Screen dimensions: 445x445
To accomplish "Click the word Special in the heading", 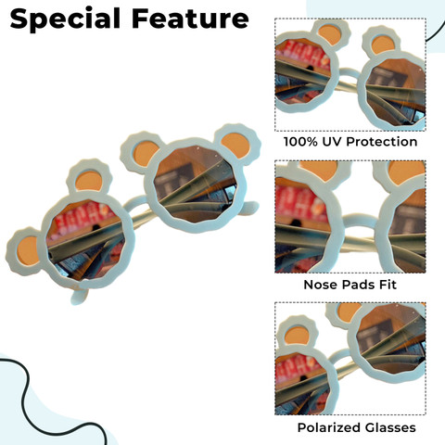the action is tap(65, 19).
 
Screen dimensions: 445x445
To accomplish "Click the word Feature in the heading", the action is tap(190, 19).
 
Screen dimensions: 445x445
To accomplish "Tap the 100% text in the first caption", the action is tap(300, 142).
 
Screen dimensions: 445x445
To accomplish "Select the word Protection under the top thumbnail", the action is tap(382, 142).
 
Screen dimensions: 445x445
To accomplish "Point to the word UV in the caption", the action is tap(332, 142).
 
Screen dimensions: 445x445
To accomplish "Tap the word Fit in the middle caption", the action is tap(388, 285).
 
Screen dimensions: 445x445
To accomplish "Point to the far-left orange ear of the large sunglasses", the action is tap(28, 251).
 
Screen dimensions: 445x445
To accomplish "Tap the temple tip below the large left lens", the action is tap(78, 296).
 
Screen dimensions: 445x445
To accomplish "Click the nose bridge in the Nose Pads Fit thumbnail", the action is tap(361, 220).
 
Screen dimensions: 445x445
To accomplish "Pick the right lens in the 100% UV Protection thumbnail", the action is tap(396, 93).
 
